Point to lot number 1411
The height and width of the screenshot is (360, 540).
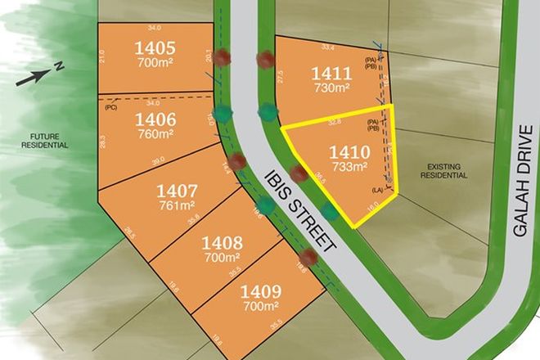[x=331, y=73]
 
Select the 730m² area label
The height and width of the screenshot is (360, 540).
[x=331, y=88]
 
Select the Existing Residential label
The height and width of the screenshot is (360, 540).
[x=445, y=170]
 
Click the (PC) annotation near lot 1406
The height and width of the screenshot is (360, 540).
[x=113, y=106]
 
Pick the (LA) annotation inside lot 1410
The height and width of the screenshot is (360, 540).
[x=378, y=190]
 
